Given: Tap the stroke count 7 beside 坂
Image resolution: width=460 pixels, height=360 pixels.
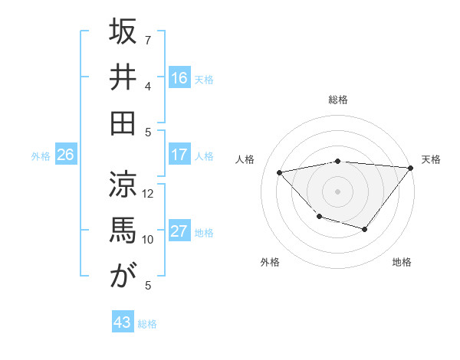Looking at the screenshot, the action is tap(147, 39).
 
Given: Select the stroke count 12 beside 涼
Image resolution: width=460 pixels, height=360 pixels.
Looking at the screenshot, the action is tap(148, 193).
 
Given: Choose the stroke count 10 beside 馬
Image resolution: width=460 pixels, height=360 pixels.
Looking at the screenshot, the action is tap(148, 239).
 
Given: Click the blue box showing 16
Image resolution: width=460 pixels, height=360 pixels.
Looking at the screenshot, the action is tap(179, 77).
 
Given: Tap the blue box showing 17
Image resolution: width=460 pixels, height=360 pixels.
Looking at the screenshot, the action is tap(179, 155).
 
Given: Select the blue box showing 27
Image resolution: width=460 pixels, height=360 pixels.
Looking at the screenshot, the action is tap(179, 231).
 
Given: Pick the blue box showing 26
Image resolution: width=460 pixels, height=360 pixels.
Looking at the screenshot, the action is tap(66, 155).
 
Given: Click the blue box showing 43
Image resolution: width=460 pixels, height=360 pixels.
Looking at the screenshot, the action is tap(123, 322).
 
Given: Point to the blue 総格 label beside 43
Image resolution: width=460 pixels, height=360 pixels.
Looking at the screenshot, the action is tap(147, 324).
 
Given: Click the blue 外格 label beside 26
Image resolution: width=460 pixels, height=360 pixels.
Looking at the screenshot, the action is tap(41, 156).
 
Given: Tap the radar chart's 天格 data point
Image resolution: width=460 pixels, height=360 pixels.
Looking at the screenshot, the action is tap(412, 169).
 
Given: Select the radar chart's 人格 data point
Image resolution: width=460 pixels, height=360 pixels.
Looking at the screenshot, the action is tap(280, 172).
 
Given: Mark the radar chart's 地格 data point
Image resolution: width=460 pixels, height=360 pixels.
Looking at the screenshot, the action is tap(365, 229).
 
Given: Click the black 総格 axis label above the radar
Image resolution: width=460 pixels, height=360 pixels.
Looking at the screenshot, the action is tap(338, 100).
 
